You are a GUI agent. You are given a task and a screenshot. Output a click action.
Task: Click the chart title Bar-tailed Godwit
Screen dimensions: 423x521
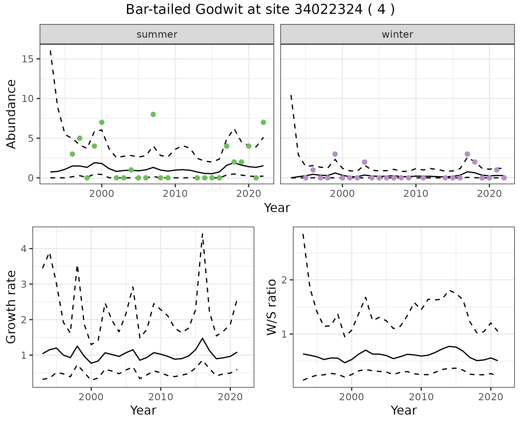click(x=260, y=10)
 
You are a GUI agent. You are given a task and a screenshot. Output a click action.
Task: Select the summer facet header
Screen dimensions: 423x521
click(x=157, y=34)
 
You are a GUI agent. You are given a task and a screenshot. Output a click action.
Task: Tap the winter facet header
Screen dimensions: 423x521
click(x=397, y=34)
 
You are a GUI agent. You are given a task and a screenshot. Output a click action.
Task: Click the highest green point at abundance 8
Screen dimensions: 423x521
click(x=153, y=114)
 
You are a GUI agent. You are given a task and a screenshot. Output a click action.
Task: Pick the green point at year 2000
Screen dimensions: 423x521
click(x=102, y=122)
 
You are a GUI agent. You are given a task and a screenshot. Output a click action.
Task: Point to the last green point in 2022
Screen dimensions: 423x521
click(x=263, y=122)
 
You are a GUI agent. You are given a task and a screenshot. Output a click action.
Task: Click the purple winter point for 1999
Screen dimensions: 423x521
click(x=335, y=154)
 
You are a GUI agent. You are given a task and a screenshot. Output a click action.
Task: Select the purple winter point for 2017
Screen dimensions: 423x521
click(x=467, y=154)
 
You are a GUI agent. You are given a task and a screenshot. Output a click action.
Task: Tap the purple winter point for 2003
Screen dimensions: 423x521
click(x=364, y=162)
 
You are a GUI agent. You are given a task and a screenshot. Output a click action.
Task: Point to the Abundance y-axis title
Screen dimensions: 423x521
click(x=11, y=114)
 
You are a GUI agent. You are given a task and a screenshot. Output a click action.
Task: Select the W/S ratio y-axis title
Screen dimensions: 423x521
click(x=272, y=307)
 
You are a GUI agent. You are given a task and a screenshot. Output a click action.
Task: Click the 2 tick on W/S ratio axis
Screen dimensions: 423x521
click(x=284, y=280)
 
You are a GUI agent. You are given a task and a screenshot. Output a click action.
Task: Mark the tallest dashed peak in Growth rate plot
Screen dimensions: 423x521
click(x=202, y=234)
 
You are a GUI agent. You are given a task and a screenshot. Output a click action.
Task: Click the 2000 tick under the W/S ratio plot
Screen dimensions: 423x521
click(x=352, y=397)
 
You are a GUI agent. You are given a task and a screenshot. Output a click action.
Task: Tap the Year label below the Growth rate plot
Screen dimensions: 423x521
click(x=143, y=411)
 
